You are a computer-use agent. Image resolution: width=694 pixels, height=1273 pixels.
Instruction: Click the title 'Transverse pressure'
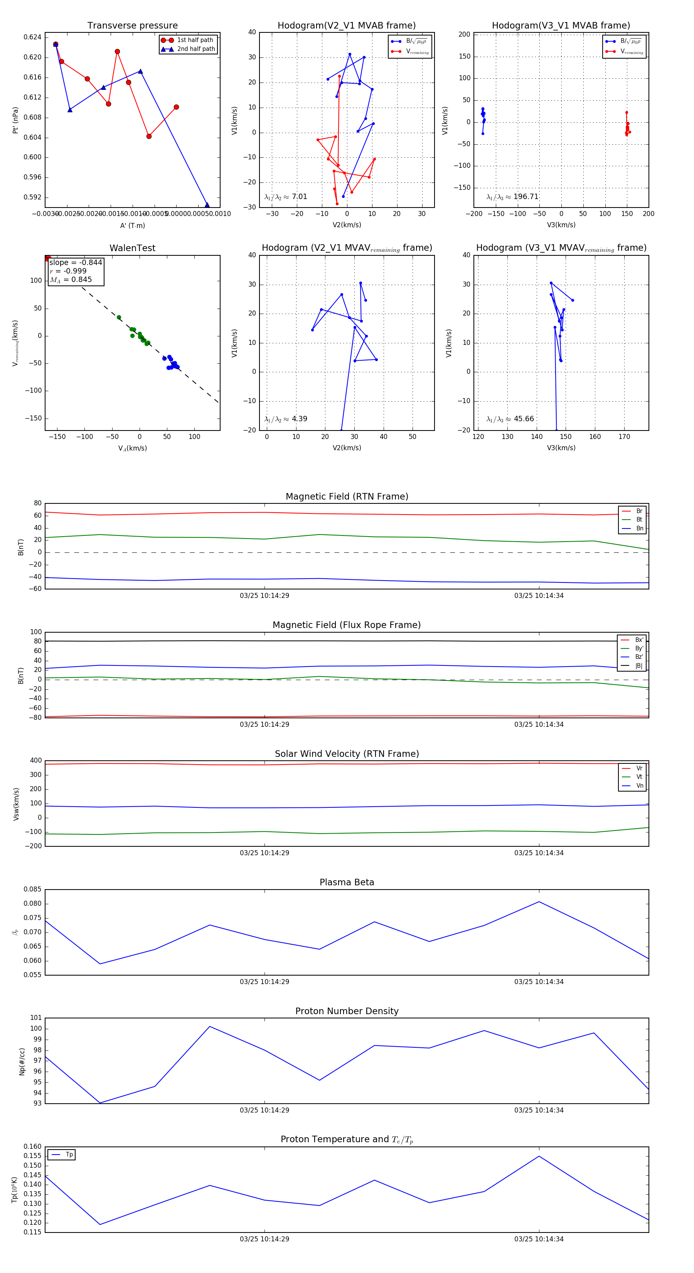point(132,26)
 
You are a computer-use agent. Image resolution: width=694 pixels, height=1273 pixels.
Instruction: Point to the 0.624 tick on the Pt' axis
point(33,37)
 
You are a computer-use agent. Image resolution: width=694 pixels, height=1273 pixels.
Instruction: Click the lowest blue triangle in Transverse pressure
point(207,205)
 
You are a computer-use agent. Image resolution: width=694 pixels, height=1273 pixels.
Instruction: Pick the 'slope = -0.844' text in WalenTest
point(76,262)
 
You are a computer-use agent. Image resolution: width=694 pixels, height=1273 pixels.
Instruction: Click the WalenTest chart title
point(132,248)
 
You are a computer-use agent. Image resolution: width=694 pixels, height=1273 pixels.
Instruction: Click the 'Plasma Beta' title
point(347,882)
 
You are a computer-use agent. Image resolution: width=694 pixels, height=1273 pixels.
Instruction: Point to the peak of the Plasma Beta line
point(539,902)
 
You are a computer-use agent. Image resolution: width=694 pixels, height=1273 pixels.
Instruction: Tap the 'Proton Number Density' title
point(347,1011)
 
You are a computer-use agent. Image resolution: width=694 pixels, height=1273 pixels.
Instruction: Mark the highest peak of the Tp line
point(539,1157)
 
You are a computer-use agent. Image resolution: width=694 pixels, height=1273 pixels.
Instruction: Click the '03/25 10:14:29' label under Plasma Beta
point(264,981)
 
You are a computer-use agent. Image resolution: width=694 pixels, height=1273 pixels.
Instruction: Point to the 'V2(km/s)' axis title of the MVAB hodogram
point(347,225)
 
